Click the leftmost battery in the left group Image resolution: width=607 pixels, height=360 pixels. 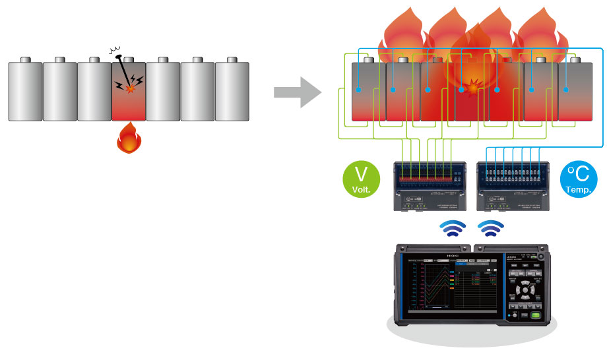pos(25,90)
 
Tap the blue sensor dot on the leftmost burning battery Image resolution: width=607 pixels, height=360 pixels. pos(358,89)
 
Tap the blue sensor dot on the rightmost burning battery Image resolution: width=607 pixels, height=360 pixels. pos(567,89)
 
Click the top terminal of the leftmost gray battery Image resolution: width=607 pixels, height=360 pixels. pos(25,60)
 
